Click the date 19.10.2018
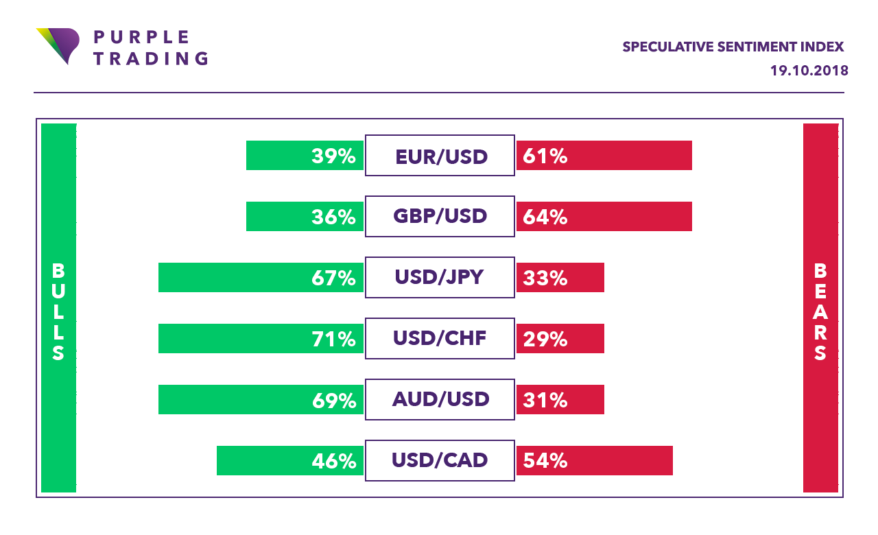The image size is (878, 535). [809, 71]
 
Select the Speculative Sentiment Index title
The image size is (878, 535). [733, 47]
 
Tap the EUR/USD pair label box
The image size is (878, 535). [440, 156]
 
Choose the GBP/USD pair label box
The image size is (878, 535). [440, 217]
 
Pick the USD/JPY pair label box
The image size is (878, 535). [440, 278]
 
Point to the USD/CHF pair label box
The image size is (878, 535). [440, 339]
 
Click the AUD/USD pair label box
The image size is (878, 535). [440, 399]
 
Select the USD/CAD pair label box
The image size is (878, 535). [440, 460]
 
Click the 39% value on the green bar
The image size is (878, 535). [333, 156]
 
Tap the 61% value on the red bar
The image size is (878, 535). [545, 156]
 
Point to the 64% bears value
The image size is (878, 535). [545, 217]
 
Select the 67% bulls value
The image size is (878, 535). [333, 278]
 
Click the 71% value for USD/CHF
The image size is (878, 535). [333, 339]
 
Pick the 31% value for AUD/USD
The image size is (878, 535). [545, 400]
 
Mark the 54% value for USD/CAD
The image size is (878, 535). [545, 461]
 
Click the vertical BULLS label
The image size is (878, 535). [58, 311]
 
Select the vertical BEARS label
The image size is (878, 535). [820, 311]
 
